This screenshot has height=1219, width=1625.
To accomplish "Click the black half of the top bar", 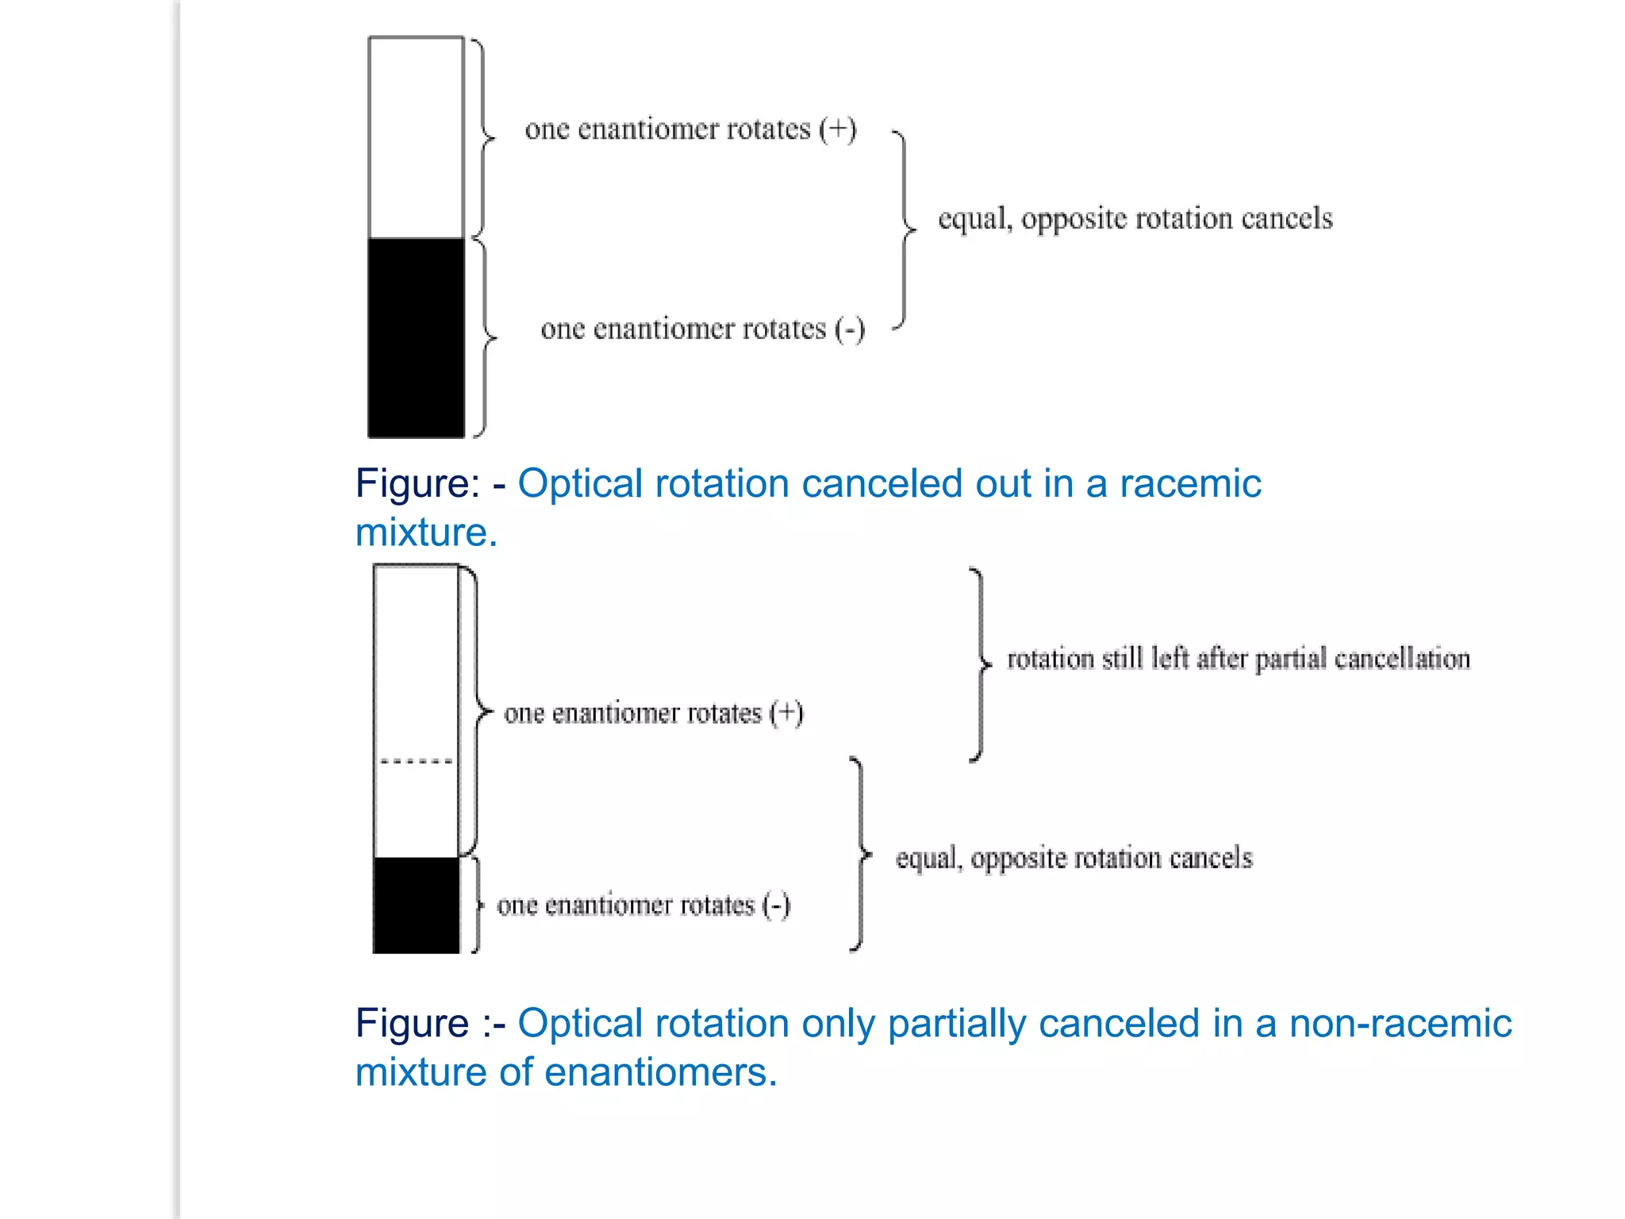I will click(416, 337).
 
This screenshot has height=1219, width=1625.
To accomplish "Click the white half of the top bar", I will click(416, 137).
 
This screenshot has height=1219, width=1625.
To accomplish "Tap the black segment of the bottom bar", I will click(416, 905).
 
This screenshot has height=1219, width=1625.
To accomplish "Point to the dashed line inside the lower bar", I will click(416, 761).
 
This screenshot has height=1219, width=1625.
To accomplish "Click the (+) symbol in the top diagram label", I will click(837, 129).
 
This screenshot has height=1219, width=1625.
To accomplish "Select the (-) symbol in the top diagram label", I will click(849, 329).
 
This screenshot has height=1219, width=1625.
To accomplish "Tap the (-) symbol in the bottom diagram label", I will click(776, 906).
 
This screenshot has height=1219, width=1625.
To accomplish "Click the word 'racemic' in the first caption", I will click(1190, 483).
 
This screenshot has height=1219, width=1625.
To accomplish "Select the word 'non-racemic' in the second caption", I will click(1400, 1023).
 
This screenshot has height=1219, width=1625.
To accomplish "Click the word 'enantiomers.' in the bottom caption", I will click(661, 1072).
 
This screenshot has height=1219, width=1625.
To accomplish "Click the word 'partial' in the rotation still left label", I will click(1290, 659).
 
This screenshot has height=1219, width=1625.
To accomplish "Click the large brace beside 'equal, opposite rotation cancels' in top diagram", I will click(905, 230).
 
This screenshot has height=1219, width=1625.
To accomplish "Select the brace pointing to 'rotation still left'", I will click(981, 664).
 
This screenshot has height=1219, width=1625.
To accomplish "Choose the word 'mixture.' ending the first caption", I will click(426, 532).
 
